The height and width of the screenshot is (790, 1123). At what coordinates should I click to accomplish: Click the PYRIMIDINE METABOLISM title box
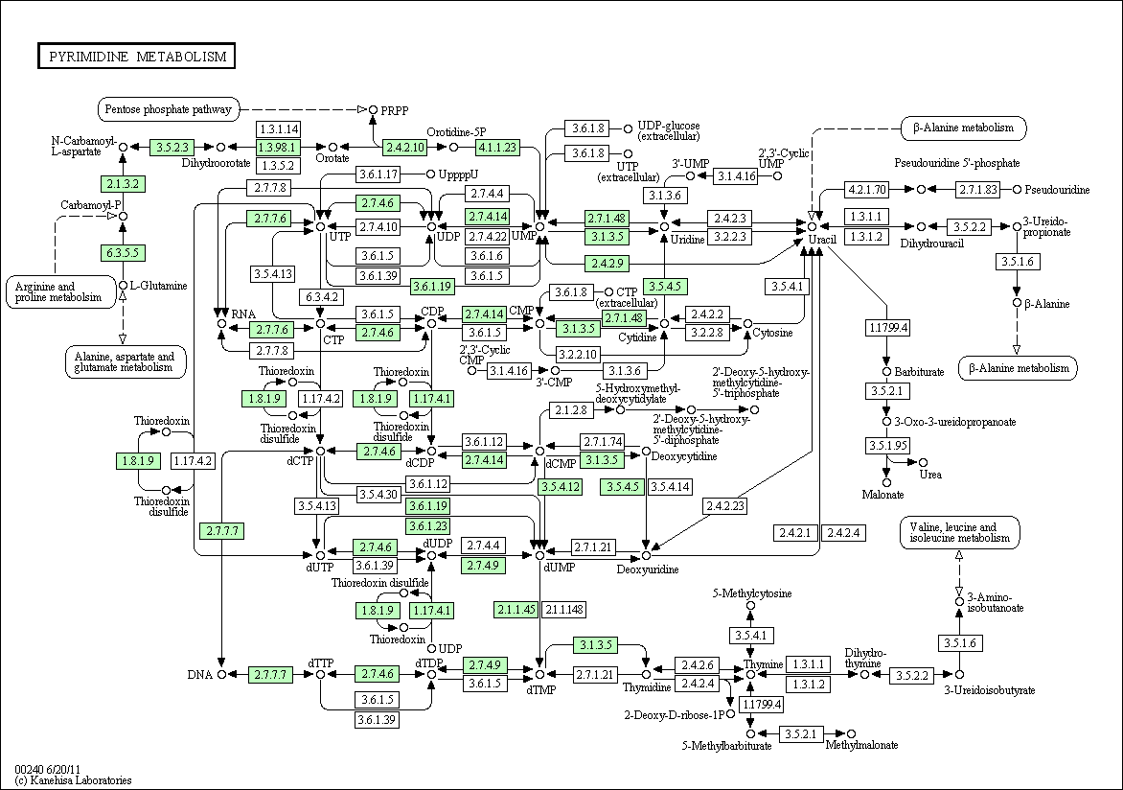point(136,57)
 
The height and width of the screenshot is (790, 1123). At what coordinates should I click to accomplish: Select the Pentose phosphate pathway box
point(169,109)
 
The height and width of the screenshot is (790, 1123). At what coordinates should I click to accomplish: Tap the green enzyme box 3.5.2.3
point(173,147)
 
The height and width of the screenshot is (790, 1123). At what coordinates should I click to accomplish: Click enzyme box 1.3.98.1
point(278,147)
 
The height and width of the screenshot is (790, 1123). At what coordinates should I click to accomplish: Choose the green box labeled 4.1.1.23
point(497,147)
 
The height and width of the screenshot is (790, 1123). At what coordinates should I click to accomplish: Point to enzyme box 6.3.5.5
point(123,253)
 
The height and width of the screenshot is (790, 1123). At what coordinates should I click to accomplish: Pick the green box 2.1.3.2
point(123,183)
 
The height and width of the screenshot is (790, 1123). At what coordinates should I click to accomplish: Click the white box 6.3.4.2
point(320,296)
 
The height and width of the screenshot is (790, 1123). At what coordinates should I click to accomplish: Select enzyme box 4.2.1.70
point(867,189)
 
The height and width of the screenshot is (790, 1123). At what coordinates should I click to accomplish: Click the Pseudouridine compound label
point(1059,190)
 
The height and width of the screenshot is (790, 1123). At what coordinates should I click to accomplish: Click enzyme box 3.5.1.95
point(886,446)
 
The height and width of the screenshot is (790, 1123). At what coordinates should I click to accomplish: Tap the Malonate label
point(882,495)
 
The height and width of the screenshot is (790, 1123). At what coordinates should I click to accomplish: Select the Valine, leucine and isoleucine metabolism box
point(960,532)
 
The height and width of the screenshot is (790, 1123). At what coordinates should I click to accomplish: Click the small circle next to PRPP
point(373,110)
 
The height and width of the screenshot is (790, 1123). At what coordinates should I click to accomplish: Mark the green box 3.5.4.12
point(561,487)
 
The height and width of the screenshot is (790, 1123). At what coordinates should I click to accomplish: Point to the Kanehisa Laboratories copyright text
point(73,780)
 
